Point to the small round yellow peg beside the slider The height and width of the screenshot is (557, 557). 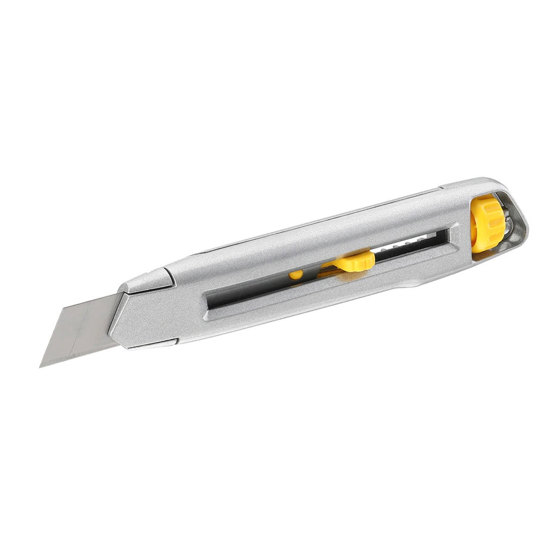(296, 274)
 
